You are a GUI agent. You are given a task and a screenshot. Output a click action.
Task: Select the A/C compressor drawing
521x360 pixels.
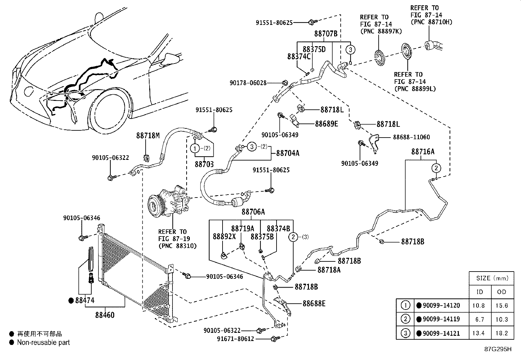click(x=167, y=202)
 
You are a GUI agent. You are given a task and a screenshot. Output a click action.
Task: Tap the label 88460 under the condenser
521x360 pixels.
click(x=105, y=315)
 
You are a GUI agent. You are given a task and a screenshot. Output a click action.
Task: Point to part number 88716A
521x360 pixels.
click(x=423, y=151)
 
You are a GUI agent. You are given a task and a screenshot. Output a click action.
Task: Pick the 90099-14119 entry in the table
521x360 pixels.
click(x=441, y=319)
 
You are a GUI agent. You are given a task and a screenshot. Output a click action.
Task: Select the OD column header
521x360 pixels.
click(x=501, y=292)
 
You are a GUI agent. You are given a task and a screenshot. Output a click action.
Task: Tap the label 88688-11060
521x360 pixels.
click(x=411, y=137)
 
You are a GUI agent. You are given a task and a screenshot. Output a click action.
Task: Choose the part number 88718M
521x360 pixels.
click(x=148, y=135)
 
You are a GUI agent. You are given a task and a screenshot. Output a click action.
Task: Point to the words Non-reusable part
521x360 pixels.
click(x=43, y=342)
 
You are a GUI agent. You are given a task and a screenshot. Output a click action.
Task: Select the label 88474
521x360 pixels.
click(x=84, y=300)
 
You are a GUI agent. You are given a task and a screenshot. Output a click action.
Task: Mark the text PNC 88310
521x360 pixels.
click(x=177, y=246)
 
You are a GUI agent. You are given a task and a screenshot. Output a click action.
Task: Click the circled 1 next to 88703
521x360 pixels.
click(x=195, y=148)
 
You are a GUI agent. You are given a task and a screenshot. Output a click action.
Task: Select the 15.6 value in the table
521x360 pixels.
click(x=501, y=305)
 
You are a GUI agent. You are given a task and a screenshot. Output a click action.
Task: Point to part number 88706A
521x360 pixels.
click(x=253, y=212)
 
